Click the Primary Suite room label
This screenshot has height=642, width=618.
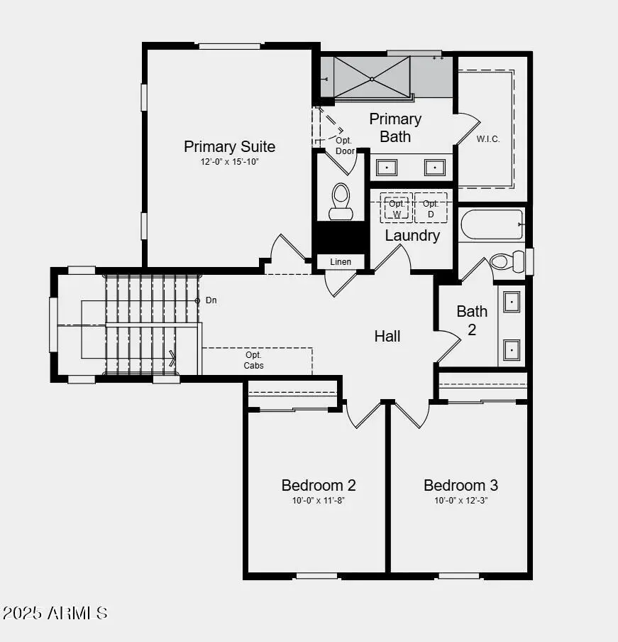[229, 146]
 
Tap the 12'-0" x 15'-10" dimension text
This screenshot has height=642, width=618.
[229, 162]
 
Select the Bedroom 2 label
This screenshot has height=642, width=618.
[319, 485]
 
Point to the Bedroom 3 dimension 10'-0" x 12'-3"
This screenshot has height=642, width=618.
[460, 500]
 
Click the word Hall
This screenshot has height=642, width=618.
[387, 336]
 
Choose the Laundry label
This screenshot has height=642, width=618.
[412, 235]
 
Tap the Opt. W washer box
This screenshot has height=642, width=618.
[397, 208]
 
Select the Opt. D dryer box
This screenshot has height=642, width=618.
[431, 208]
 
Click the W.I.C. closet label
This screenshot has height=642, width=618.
[488, 139]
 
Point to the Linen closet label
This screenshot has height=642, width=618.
[341, 262]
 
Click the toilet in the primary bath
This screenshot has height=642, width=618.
[341, 201]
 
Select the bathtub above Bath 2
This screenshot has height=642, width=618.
[492, 224]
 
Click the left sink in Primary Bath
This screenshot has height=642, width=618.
[387, 167]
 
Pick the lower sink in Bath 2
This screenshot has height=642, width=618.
[512, 349]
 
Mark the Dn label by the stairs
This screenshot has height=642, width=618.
[211, 300]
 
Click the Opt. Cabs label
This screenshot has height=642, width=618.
[254, 360]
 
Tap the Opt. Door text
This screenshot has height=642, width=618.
[344, 146]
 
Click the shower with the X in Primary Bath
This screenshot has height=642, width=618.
[372, 77]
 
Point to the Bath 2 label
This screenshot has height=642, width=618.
[472, 320]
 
